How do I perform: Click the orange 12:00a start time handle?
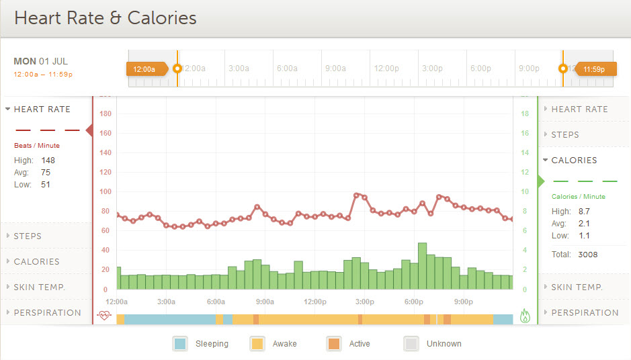pos(144,69)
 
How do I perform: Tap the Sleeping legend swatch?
pos(180,343)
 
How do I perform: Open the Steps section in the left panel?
pos(28,236)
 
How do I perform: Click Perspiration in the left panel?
pos(47,313)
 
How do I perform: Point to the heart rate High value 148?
pos(48,161)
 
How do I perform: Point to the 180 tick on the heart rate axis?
pos(105,114)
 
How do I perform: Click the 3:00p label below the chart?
pos(364,302)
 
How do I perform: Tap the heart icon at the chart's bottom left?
pos(103,315)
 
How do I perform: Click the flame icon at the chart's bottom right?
pos(525,316)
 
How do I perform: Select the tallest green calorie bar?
pos(422,266)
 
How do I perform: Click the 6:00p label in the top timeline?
pos(480,69)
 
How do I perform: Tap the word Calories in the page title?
pos(155,18)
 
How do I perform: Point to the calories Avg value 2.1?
pos(584,224)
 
